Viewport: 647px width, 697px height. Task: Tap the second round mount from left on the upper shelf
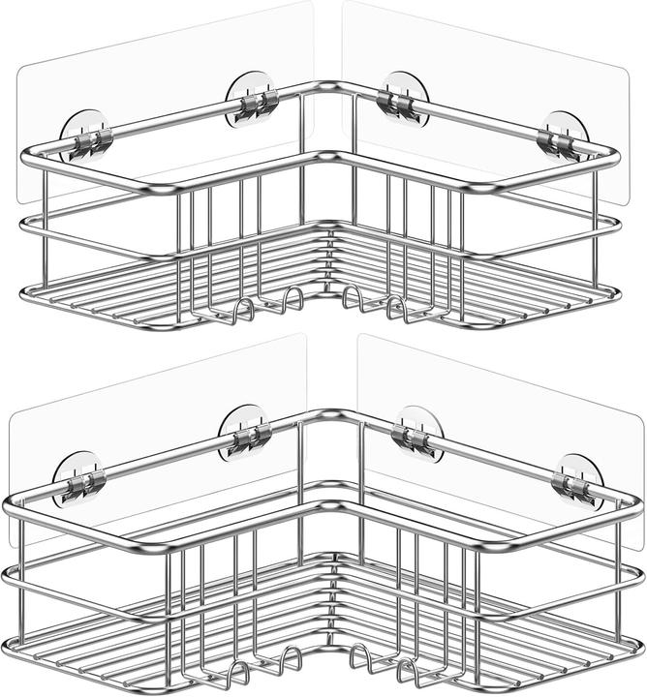(252, 100)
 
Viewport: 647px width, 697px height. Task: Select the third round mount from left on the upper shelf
(404, 100)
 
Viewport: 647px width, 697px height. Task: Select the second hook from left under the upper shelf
(291, 299)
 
